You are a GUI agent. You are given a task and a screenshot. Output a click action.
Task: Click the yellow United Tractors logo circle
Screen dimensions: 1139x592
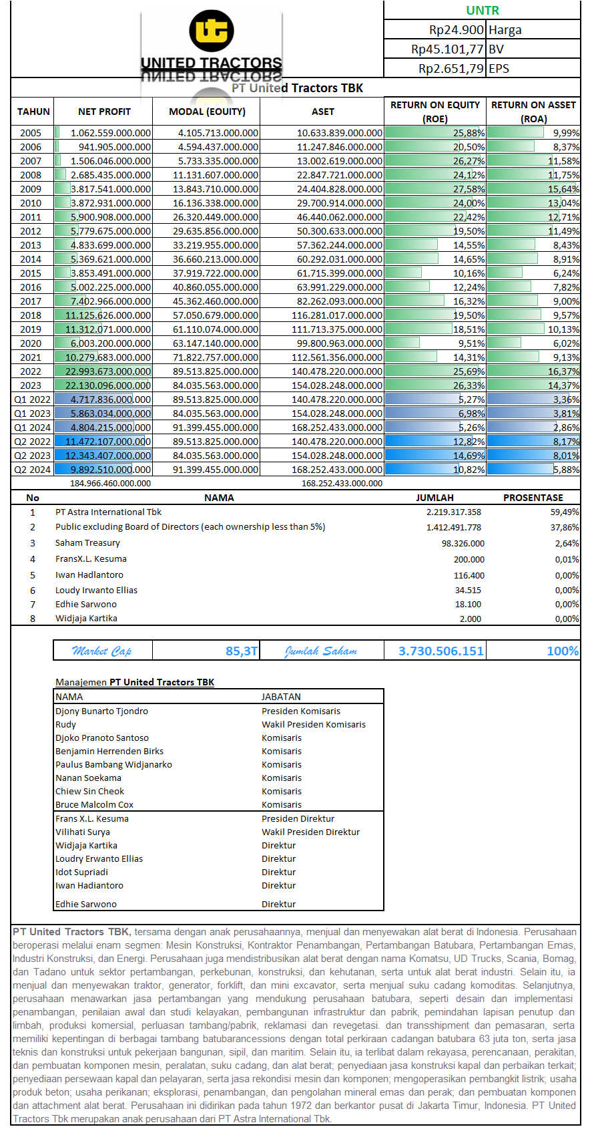coord(211,31)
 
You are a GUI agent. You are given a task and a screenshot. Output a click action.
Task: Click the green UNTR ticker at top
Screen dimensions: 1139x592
coord(482,10)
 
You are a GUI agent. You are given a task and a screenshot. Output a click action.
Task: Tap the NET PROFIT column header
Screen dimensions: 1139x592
coord(104,112)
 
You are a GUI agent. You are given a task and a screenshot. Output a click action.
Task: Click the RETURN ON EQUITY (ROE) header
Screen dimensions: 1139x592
coord(435,112)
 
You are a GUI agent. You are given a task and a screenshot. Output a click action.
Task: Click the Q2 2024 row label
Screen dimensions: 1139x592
coord(32,470)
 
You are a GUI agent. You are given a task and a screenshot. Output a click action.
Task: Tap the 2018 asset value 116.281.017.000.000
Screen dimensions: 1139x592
coord(336,315)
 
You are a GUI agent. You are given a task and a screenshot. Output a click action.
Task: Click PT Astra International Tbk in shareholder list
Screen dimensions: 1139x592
coord(108,512)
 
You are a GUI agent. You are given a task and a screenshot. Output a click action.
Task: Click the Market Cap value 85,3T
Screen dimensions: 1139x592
coord(242,651)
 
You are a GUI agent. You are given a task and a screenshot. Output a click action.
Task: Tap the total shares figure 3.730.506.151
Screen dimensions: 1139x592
coord(440,651)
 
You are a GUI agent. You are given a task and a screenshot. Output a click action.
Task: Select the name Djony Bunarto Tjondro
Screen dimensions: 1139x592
coord(101,711)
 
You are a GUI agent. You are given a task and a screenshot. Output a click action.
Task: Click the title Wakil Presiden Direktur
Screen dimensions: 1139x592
coord(310,832)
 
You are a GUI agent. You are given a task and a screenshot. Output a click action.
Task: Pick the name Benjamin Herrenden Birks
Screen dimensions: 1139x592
coord(109,752)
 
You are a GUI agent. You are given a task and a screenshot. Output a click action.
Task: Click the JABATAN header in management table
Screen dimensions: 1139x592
coord(281,697)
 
